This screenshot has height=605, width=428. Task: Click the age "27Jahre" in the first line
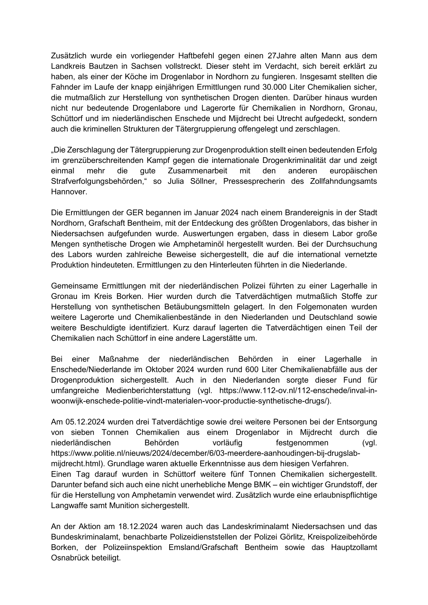tap(281, 56)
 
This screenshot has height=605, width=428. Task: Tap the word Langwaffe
tap(68, 506)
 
